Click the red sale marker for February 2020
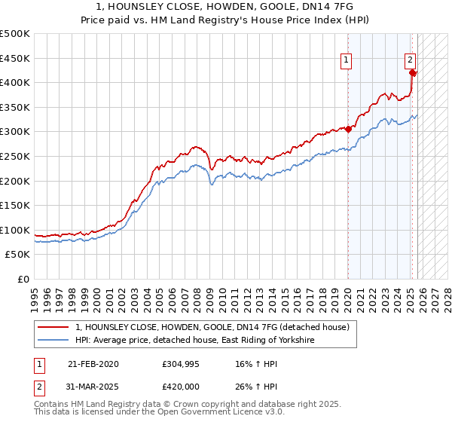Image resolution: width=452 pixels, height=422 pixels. (348, 129)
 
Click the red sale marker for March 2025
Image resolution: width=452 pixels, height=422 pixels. (413, 73)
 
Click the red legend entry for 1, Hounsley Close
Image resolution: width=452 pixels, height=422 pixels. (212, 328)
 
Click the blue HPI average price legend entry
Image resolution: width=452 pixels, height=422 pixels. (194, 341)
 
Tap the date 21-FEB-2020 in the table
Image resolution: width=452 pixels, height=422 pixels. (93, 364)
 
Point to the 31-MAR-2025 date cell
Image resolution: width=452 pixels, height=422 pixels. (93, 387)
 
